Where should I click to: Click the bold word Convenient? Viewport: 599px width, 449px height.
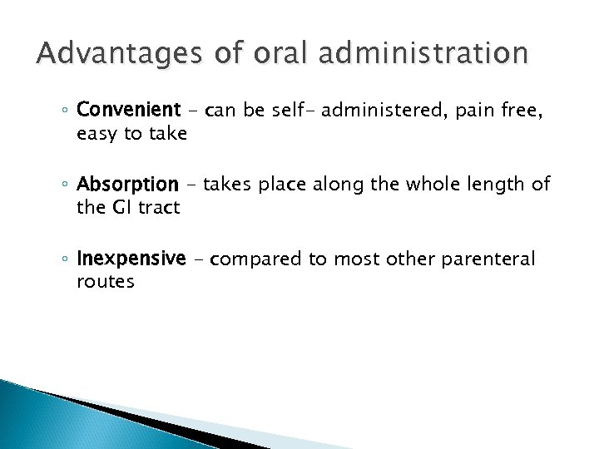[x=140, y=110]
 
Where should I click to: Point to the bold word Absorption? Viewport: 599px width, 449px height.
[x=139, y=184]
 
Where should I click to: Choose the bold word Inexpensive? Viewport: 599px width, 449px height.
[x=142, y=259]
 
